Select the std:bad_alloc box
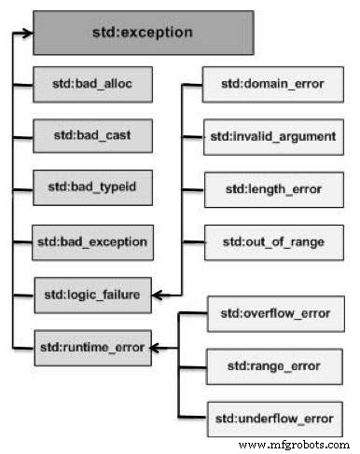point(91,84)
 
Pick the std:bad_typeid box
point(91,187)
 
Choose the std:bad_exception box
point(91,241)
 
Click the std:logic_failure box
point(91,295)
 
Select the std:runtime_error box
point(91,348)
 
